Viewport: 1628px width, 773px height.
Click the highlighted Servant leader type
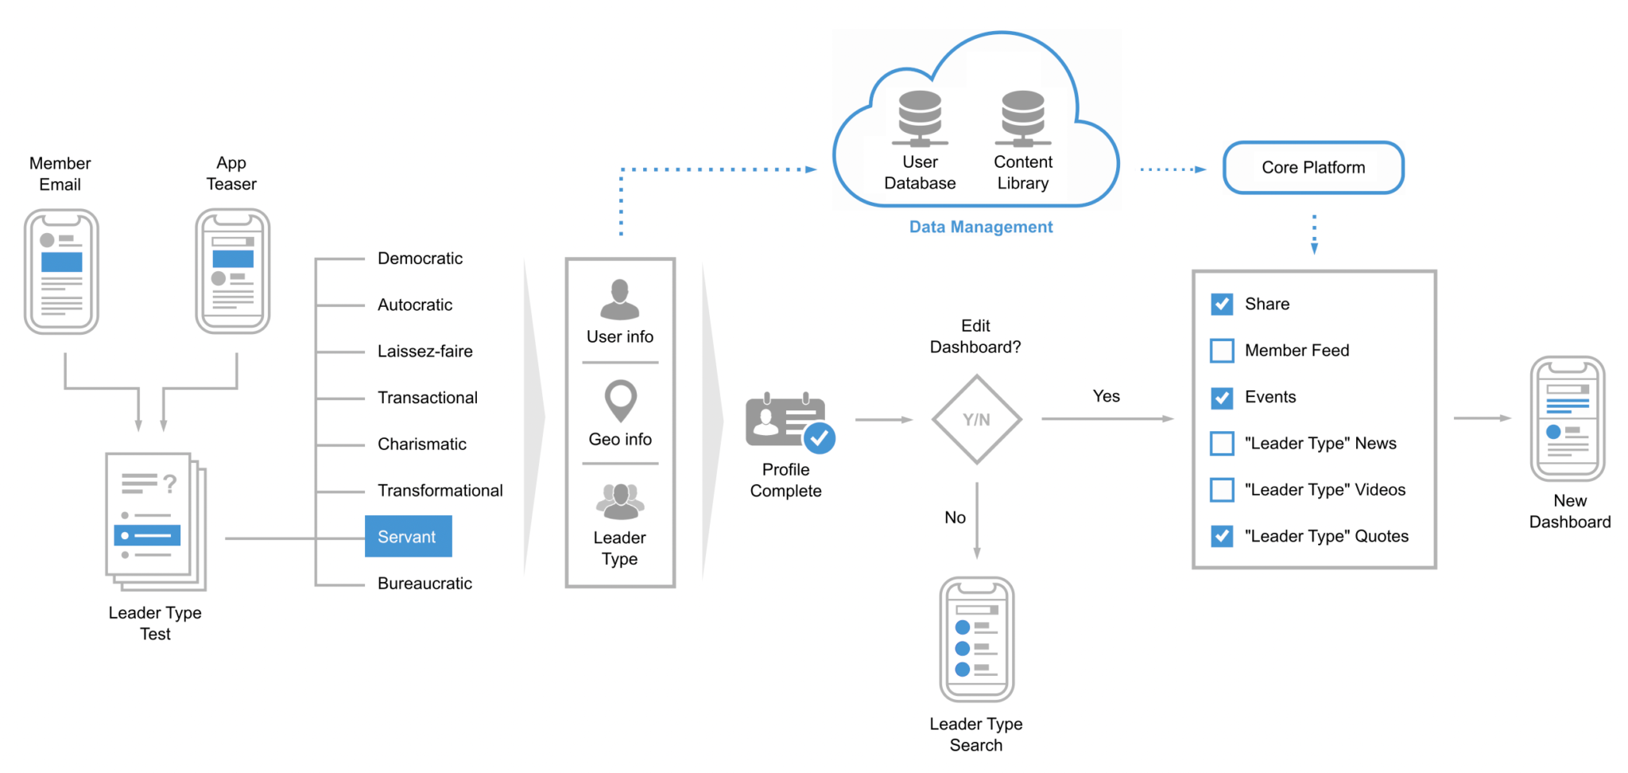point(408,537)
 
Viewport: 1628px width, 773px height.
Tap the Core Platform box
point(1313,168)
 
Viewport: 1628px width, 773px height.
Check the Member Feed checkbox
point(1222,351)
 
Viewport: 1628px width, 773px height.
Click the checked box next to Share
point(1222,304)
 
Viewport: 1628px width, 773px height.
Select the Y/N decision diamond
point(976,420)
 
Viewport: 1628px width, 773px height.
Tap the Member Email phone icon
point(61,272)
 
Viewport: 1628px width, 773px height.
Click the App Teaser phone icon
point(233,271)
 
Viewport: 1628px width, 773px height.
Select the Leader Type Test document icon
point(155,522)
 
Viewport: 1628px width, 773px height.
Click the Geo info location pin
point(620,400)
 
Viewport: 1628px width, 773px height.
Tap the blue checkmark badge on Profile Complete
point(819,437)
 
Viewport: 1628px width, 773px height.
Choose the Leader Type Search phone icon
point(976,639)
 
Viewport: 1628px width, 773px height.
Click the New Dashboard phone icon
point(1568,419)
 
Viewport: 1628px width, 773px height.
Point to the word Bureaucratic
point(424,584)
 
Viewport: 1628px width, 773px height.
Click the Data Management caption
point(980,227)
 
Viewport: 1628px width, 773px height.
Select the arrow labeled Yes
point(1107,418)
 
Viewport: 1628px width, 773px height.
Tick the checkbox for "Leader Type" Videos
point(1222,490)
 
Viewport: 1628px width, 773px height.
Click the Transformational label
point(440,491)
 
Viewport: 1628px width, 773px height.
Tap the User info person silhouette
point(619,299)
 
